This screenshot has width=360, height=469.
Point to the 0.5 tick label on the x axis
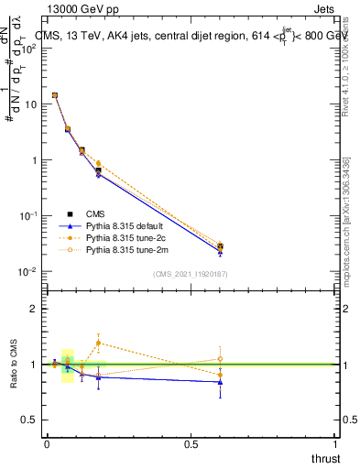pos(191,444)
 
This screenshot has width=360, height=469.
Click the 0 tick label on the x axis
pos(47,444)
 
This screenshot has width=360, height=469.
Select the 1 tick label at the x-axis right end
pos(335,444)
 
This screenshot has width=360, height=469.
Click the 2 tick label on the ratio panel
pos(33,309)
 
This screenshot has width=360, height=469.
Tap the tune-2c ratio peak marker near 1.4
pos(98,343)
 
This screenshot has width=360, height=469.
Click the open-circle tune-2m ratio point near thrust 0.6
pos(220,359)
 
